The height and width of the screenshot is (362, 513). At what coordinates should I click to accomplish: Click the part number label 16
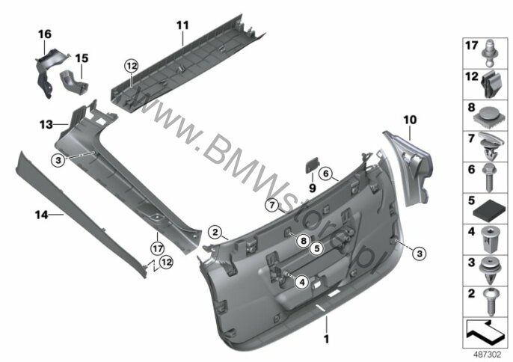(x=46, y=35)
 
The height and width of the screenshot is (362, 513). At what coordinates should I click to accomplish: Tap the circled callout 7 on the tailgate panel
(x=274, y=205)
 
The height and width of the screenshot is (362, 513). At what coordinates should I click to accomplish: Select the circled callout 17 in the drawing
(x=157, y=248)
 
